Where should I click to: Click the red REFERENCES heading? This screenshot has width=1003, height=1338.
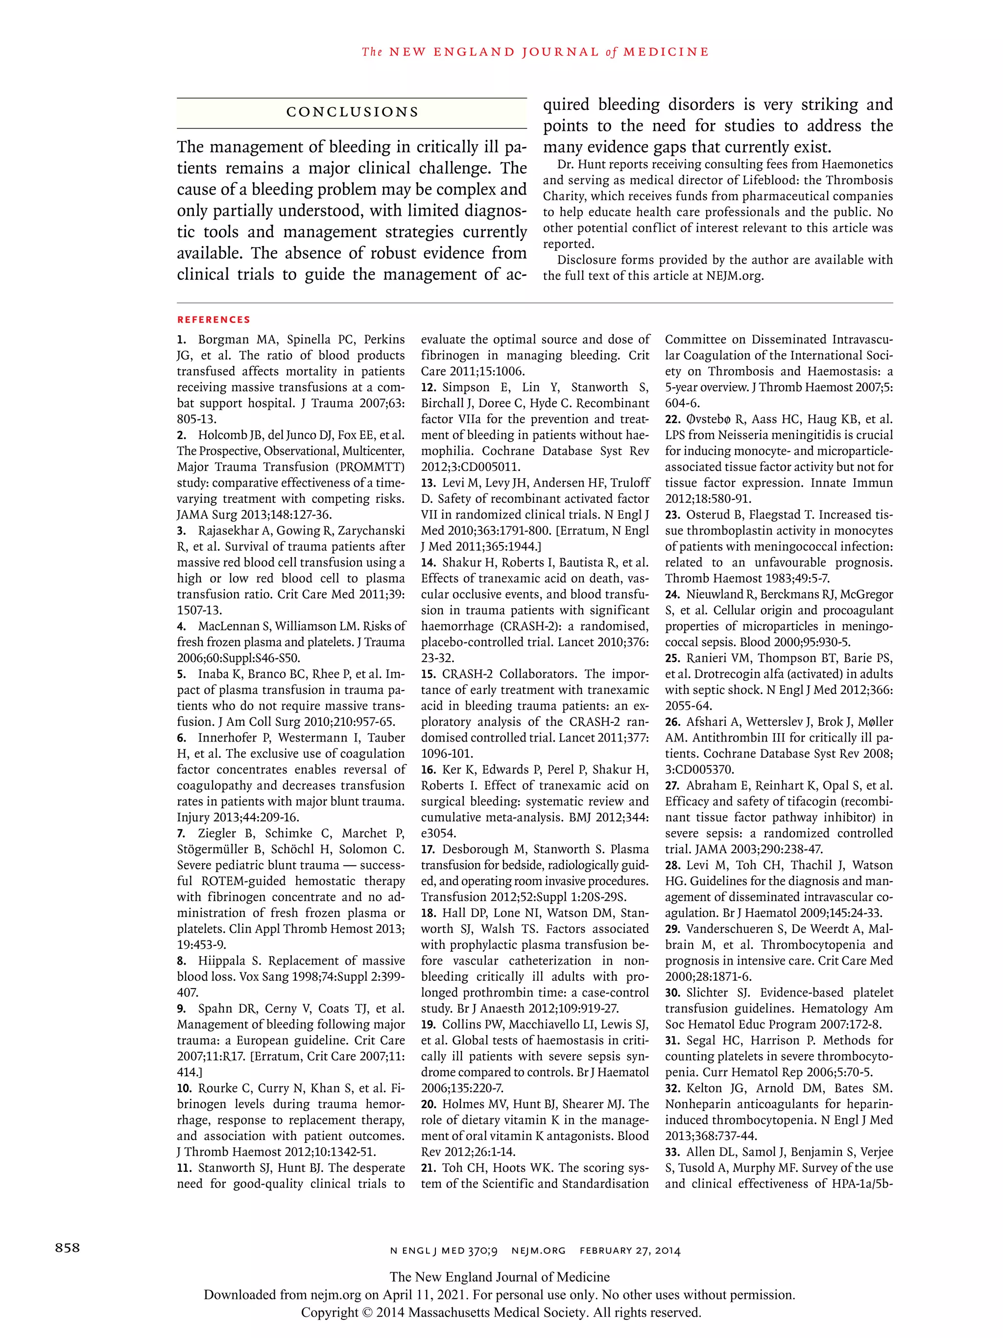(x=214, y=320)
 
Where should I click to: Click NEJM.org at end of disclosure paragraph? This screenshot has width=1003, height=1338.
(x=735, y=276)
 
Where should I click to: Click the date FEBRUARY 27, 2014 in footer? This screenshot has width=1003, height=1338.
(x=630, y=1250)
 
